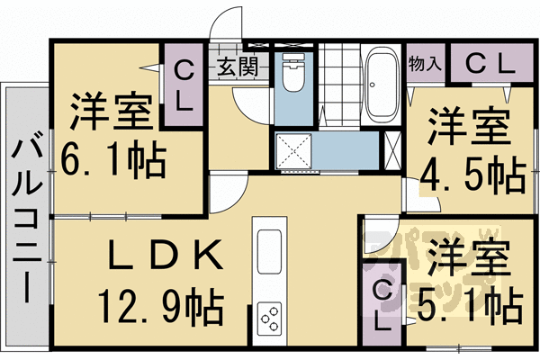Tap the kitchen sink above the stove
pyautogui.click(x=270, y=253)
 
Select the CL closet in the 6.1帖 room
pyautogui.click(x=183, y=85)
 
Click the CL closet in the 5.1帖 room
pyautogui.click(x=382, y=305)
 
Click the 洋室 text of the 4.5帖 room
pyautogui.click(x=468, y=125)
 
